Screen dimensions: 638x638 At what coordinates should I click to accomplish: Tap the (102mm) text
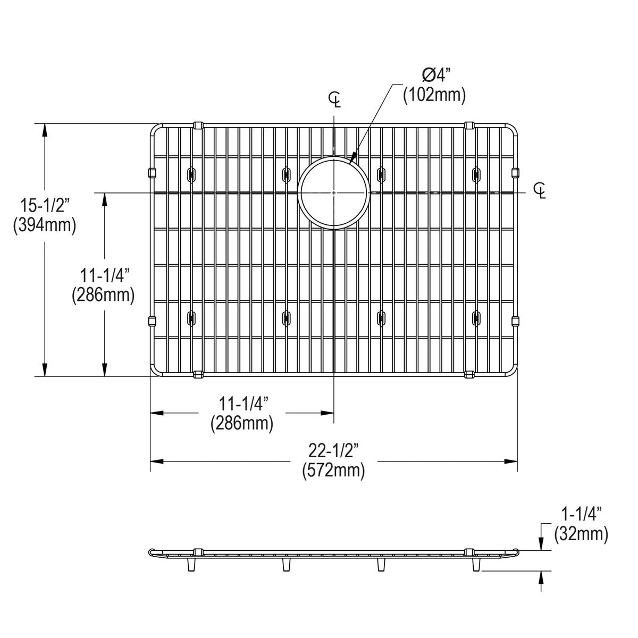[434, 95]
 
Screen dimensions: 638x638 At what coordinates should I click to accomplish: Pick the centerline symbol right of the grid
[540, 190]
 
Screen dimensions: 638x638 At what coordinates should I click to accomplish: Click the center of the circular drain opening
[333, 192]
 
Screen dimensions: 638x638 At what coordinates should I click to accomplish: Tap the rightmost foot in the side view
[475, 565]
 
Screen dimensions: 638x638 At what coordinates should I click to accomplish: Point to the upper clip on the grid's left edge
[150, 172]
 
